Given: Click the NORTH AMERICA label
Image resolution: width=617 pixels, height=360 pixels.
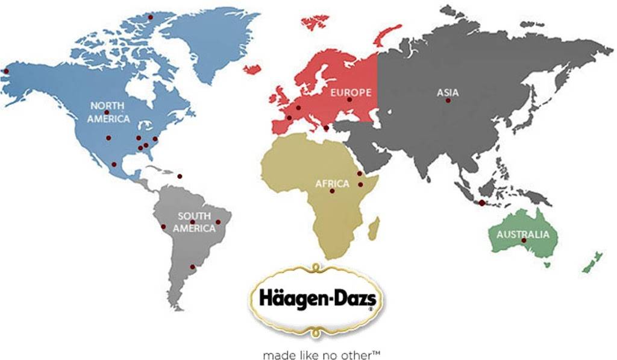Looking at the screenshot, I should [108, 112].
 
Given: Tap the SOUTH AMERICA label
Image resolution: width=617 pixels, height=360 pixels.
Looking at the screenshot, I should [194, 222].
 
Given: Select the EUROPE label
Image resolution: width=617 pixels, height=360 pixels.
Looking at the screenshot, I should [350, 92].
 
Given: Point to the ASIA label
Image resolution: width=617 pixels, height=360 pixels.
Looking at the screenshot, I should [448, 93].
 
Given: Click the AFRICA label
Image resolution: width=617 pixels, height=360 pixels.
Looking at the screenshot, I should [332, 183].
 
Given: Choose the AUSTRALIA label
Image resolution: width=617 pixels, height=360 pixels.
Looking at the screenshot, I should [523, 235].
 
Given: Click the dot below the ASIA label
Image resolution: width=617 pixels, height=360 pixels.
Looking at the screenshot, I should [448, 101].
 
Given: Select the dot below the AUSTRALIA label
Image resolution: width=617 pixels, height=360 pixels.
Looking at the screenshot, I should [524, 241].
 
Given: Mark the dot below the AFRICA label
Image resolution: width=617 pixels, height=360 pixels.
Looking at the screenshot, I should [332, 191].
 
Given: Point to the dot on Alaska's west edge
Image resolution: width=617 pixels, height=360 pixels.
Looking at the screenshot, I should [6, 71].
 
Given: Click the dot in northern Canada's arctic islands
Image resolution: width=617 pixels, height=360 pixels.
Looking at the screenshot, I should [151, 17].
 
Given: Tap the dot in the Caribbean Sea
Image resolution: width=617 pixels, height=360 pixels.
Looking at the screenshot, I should [179, 176].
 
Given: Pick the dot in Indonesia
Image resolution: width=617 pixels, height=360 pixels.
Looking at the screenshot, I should [482, 203].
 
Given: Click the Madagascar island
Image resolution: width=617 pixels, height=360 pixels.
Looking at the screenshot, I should [374, 228].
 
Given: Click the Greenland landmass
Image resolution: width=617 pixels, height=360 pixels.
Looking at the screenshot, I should [211, 36].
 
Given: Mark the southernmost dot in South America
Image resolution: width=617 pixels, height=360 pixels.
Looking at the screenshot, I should [192, 267].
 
